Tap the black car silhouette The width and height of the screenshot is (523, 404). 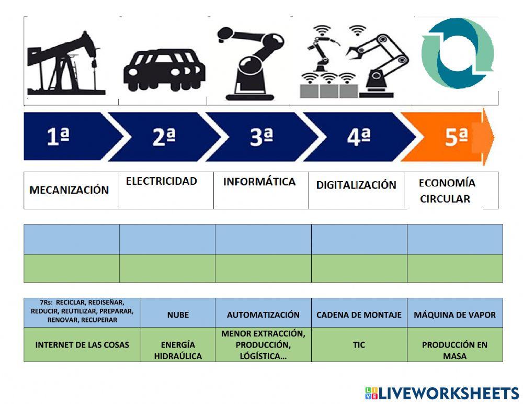point(164,68)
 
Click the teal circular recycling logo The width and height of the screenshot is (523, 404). point(458,52)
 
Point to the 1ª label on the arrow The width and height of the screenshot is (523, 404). point(58,137)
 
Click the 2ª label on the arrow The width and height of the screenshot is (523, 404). point(164,137)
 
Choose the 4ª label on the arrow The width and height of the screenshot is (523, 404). point(358,137)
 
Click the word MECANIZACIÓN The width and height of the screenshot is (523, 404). point(69,190)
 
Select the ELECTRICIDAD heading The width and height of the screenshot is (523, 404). point(162,181)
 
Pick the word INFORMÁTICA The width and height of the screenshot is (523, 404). point(259,182)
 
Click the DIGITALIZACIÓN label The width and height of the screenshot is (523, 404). point(356,185)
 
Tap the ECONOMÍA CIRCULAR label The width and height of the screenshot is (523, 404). point(447,190)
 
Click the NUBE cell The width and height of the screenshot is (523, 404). point(178,315)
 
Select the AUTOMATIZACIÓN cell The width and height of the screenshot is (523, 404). point(263,315)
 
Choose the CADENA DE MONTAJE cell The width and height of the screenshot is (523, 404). point(359,315)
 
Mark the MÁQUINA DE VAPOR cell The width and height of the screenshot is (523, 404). point(454,315)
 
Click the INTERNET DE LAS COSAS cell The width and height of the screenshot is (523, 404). point(82,345)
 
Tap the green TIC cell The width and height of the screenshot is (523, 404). point(359,345)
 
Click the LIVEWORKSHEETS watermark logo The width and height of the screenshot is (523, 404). point(442,393)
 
